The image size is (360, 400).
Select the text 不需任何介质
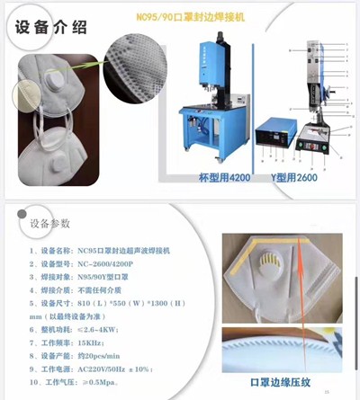103,290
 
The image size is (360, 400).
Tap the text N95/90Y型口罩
107,277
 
